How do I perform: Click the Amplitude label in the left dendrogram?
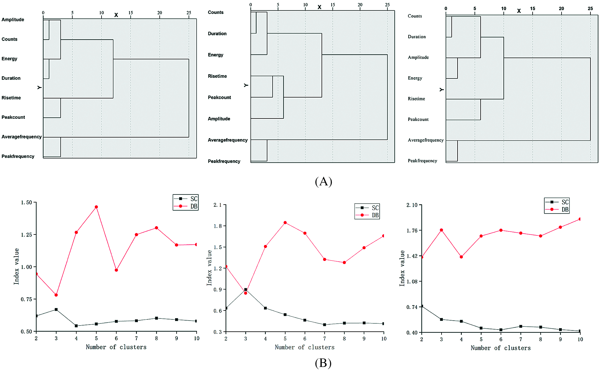(13, 20)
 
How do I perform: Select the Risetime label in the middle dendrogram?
(217, 76)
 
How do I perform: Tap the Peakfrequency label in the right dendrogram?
(422, 161)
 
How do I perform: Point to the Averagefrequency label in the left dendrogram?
(22, 137)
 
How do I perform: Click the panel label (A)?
(323, 181)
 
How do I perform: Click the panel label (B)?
(323, 363)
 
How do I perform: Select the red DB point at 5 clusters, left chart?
(96, 207)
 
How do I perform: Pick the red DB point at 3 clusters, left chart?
(56, 295)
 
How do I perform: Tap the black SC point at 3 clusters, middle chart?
(246, 290)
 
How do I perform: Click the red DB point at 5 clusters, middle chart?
(285, 222)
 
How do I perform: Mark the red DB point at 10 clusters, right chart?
(580, 219)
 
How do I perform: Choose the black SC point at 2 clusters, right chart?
(422, 306)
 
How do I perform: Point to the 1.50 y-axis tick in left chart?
(26, 202)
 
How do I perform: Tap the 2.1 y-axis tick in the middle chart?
(218, 205)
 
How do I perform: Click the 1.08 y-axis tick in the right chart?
(412, 282)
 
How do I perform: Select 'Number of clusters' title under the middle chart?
(305, 347)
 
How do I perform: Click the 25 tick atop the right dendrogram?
(590, 9)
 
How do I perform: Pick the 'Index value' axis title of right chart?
(402, 268)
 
